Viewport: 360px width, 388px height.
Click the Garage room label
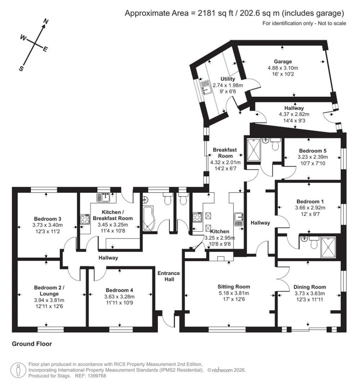(x=283, y=61)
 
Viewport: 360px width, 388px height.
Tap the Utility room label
(x=228, y=79)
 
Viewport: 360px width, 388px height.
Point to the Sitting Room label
(x=233, y=287)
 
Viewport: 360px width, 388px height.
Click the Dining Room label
(x=309, y=287)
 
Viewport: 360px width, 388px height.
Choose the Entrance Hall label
(x=168, y=276)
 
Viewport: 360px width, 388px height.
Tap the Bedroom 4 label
(x=120, y=290)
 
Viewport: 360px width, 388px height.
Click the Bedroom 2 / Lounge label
(x=49, y=290)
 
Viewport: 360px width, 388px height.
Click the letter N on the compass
(x=45, y=22)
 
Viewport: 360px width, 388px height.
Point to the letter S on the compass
(x=21, y=69)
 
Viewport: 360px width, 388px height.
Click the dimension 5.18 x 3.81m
(x=233, y=293)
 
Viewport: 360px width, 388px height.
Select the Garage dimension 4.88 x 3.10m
(x=283, y=68)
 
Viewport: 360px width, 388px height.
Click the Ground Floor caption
(x=32, y=344)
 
